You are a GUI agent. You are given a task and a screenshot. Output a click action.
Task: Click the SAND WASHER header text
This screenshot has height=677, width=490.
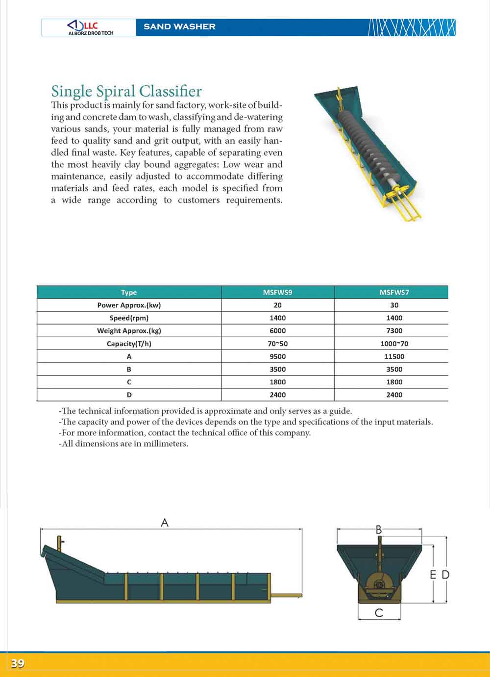click(x=179, y=26)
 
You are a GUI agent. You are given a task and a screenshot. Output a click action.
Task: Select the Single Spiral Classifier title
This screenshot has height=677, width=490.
click(x=126, y=91)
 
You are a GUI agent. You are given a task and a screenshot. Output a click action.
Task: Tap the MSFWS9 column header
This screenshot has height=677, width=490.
click(x=277, y=292)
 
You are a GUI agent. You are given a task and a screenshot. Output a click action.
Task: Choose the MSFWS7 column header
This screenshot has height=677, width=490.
click(x=394, y=292)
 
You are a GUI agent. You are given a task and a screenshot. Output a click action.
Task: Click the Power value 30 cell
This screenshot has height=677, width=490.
click(x=394, y=305)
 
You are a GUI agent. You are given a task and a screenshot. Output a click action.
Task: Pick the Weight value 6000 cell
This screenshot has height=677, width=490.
click(x=277, y=330)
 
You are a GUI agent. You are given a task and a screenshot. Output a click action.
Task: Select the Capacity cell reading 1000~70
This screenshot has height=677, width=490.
click(x=394, y=344)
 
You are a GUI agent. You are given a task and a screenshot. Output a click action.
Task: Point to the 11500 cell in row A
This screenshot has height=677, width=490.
click(x=394, y=356)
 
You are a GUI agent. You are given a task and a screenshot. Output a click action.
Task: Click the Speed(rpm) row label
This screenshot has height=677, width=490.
click(x=129, y=318)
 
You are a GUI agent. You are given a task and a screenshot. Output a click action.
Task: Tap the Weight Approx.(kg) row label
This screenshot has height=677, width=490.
click(x=129, y=330)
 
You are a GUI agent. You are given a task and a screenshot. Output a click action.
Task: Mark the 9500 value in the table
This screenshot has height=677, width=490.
click(x=277, y=356)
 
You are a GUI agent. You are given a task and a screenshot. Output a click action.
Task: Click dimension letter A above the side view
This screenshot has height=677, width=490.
click(x=165, y=523)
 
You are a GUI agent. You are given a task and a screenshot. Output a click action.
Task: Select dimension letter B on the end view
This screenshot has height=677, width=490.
click(x=379, y=529)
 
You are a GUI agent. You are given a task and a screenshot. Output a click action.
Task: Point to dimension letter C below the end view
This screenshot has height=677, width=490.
click(x=379, y=613)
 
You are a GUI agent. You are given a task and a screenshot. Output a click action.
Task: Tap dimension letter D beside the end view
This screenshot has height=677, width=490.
click(x=445, y=575)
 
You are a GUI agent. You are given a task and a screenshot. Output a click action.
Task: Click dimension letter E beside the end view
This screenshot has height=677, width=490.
click(x=433, y=575)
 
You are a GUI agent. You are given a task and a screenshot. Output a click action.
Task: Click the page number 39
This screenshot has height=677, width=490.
click(x=18, y=664)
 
